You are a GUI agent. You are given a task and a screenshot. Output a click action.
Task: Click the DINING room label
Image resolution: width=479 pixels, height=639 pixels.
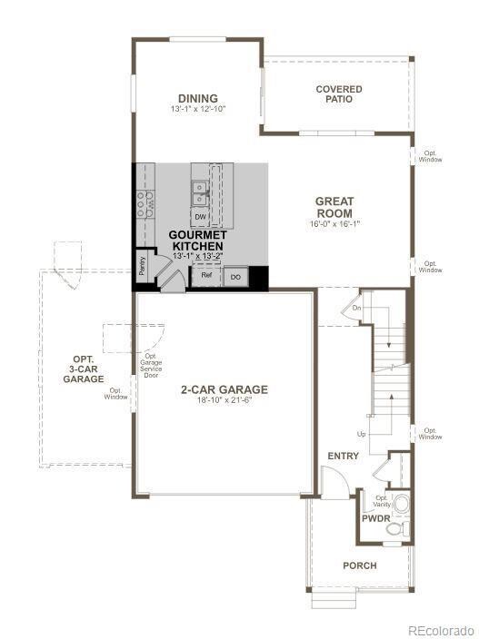197,98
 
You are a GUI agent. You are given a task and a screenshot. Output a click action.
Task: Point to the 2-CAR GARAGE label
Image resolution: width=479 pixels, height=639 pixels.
224,389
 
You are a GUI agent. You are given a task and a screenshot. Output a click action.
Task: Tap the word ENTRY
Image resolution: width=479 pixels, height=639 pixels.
343,456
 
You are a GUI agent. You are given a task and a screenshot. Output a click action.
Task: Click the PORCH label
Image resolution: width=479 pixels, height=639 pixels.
359,565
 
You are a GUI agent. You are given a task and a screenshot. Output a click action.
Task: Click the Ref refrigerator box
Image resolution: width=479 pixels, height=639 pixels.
206,275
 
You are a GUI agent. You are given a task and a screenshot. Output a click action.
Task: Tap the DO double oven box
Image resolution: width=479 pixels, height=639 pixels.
235,276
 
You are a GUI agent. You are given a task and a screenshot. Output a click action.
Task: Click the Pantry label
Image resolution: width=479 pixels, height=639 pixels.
143,264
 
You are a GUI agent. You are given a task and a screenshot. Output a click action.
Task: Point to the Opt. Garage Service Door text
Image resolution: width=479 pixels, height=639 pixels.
151,365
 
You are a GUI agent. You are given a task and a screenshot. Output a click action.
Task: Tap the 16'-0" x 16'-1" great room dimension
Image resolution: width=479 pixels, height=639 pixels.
334,223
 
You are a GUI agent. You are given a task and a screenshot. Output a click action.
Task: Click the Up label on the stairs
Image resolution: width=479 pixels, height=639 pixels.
362,434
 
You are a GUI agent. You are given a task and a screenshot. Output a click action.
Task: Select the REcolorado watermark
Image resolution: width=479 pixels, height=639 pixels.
440,629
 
